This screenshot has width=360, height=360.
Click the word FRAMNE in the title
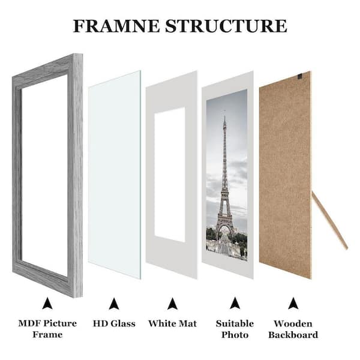(x=116, y=26)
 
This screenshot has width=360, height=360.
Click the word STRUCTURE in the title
(x=226, y=26)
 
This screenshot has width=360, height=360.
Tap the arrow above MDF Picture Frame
(x=47, y=303)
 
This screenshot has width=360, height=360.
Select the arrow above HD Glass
(x=114, y=304)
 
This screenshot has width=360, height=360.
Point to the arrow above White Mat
(x=172, y=304)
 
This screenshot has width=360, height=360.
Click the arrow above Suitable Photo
(x=235, y=303)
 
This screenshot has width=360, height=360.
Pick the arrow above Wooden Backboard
(x=293, y=303)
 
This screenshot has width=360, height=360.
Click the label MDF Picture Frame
(x=47, y=329)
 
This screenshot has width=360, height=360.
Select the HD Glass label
(x=114, y=323)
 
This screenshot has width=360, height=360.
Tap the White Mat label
(x=173, y=323)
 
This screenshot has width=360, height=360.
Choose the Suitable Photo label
(x=235, y=329)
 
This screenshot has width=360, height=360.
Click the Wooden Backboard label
(x=293, y=329)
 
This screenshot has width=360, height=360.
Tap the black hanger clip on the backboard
(x=299, y=76)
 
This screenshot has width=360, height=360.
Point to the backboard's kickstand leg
(x=329, y=221)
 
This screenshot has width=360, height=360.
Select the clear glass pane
(x=115, y=175)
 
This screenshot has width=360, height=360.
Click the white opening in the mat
(x=170, y=175)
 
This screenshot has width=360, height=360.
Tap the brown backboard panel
(x=285, y=175)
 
